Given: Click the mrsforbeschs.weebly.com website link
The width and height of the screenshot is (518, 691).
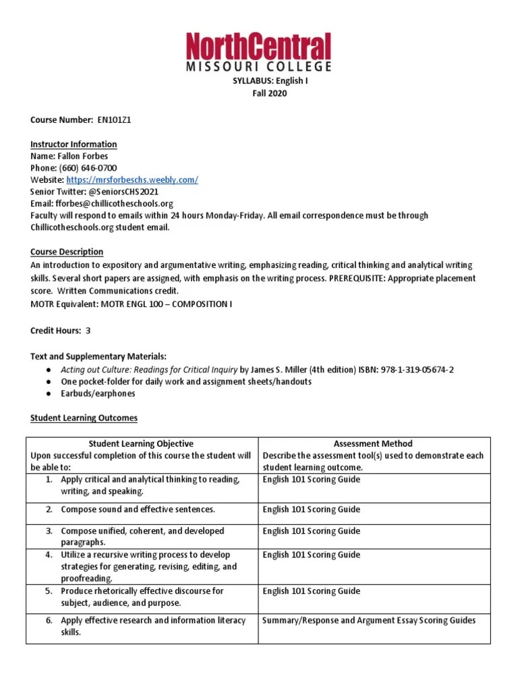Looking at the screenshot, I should pyautogui.click(x=132, y=180).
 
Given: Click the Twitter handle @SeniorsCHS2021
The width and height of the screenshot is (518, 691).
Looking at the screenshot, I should pyautogui.click(x=122, y=192).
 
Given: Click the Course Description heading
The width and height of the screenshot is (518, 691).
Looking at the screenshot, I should pyautogui.click(x=67, y=252).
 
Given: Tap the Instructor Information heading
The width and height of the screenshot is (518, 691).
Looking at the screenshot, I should pyautogui.click(x=74, y=144).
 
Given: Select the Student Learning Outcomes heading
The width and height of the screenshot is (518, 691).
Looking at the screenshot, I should pyautogui.click(x=84, y=418).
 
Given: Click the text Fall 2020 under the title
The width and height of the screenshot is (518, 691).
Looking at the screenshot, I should pyautogui.click(x=269, y=93).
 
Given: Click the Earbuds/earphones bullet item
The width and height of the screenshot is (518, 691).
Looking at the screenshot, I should pyautogui.click(x=98, y=393).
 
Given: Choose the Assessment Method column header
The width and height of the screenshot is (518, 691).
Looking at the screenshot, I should pyautogui.click(x=373, y=443).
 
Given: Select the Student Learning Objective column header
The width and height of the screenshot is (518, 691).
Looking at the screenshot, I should pyautogui.click(x=141, y=443).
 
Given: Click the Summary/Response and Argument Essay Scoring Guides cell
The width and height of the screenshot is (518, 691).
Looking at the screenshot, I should pyautogui.click(x=368, y=620).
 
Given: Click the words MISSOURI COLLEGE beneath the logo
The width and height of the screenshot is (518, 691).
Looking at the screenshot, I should pyautogui.click(x=259, y=67).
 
